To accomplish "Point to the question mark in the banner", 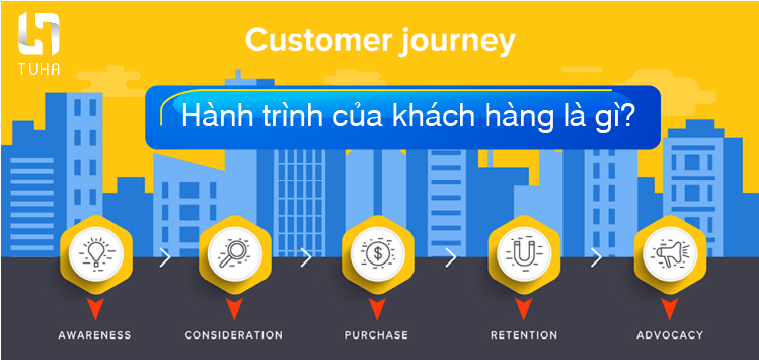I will click(625, 115).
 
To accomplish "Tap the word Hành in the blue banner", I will click(212, 116).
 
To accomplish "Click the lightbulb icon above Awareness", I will click(95, 252).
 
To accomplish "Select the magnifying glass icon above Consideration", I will click(234, 252).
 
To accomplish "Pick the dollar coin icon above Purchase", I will click(377, 252).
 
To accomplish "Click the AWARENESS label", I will click(95, 335).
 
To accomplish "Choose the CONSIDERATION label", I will click(234, 335).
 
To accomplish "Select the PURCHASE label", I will click(377, 335).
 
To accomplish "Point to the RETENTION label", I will click(523, 335).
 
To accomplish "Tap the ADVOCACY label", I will click(668, 335).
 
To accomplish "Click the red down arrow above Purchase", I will click(377, 306).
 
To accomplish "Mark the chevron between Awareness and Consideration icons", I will click(165, 257).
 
